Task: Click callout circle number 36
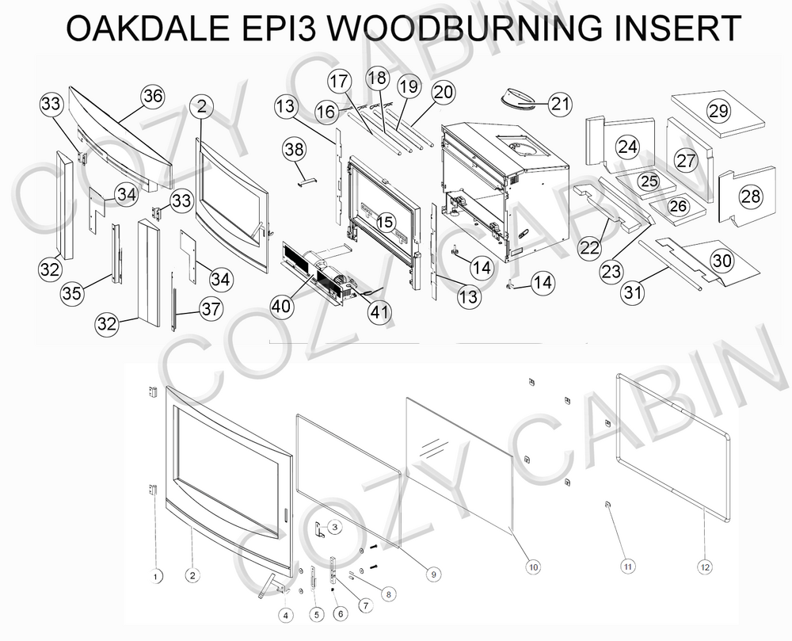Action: [x=152, y=97]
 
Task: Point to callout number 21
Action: [x=560, y=104]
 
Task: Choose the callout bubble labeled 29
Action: [x=718, y=112]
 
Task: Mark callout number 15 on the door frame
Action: [x=385, y=223]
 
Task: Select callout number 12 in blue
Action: [x=705, y=567]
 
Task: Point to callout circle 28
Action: [x=751, y=196]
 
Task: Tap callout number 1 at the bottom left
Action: [x=156, y=574]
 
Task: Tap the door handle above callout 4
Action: [x=267, y=585]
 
